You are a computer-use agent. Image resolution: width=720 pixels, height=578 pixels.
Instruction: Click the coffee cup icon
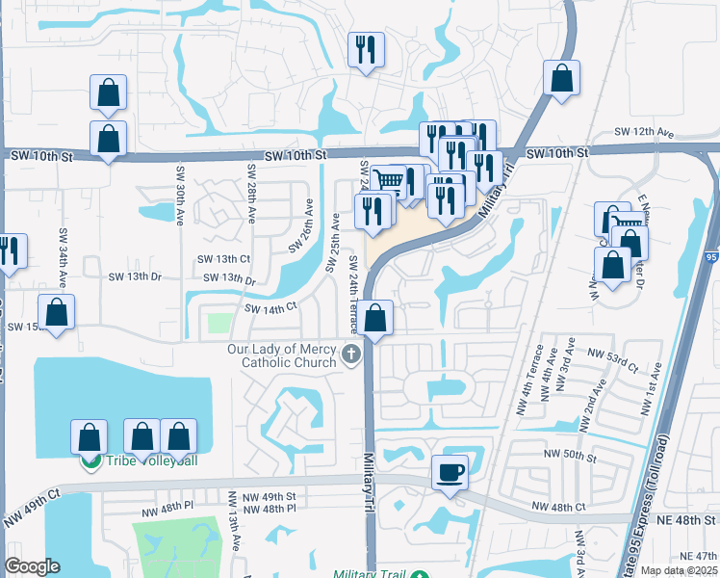pyautogui.click(x=450, y=472)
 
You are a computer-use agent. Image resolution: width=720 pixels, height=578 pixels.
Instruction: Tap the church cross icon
pyautogui.click(x=352, y=355)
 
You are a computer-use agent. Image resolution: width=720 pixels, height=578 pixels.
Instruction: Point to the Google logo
pyautogui.click(x=32, y=566)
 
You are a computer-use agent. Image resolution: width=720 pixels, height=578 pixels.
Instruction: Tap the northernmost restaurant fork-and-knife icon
pyautogui.click(x=366, y=49)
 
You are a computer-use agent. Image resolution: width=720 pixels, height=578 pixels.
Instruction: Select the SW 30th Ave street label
pyautogui.click(x=180, y=196)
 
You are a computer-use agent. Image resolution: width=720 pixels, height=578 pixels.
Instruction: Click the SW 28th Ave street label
pyautogui.click(x=251, y=189)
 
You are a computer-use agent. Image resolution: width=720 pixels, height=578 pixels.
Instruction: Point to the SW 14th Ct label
pyautogui.click(x=270, y=309)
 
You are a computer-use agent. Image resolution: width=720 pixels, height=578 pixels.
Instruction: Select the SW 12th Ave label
pyautogui.click(x=644, y=132)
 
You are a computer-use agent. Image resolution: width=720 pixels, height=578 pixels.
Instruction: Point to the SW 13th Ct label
pyautogui.click(x=223, y=259)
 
